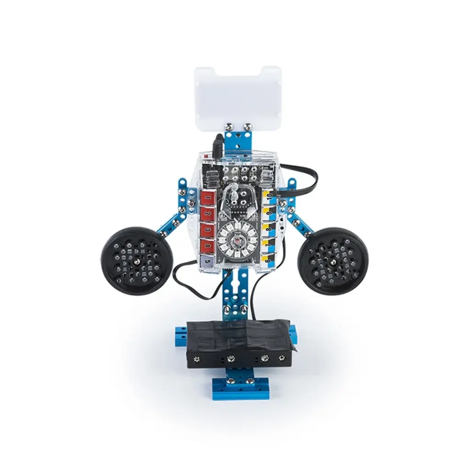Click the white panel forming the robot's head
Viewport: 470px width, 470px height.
[x=237, y=95]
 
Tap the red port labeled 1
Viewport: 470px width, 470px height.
[x=207, y=198]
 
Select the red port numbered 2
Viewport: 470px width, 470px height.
[x=207, y=214]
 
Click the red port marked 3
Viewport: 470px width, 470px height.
[x=207, y=229]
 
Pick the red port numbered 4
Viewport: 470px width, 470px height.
[x=207, y=245]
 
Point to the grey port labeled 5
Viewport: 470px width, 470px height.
[x=207, y=261]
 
